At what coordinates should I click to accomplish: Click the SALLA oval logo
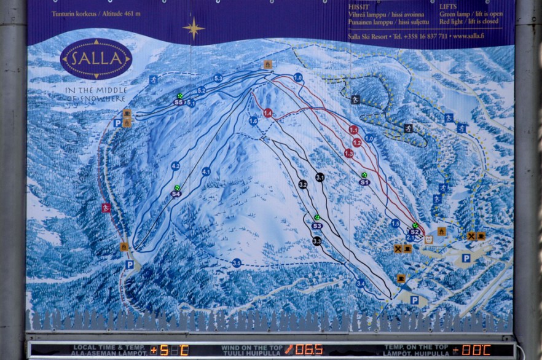pyautogui.click(x=96, y=59)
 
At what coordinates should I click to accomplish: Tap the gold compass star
pyautogui.click(x=194, y=28)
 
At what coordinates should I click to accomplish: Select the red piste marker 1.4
pyautogui.click(x=268, y=113)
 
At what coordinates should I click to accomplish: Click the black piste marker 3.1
pyautogui.click(x=320, y=177)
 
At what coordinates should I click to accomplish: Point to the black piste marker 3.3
pyautogui.click(x=316, y=241)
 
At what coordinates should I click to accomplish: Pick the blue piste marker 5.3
pyautogui.click(x=218, y=78)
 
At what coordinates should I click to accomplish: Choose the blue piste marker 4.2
pyautogui.click(x=176, y=166)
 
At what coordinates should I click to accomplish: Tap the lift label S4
pyautogui.click(x=176, y=194)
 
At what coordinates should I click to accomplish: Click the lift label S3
pyautogui.click(x=317, y=226)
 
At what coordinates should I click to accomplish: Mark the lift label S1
pyautogui.click(x=364, y=182)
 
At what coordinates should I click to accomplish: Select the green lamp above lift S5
pyautogui.click(x=180, y=96)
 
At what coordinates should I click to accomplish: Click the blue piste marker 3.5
pyautogui.click(x=237, y=263)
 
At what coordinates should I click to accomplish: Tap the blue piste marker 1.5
pyautogui.click(x=395, y=224)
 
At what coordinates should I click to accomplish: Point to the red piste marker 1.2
pyautogui.click(x=357, y=143)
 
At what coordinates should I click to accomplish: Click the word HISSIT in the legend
pyautogui.click(x=358, y=7)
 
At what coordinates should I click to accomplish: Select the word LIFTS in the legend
pyautogui.click(x=449, y=7)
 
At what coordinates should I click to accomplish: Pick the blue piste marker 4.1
pyautogui.click(x=206, y=172)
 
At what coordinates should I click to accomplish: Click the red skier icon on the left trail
pyautogui.click(x=106, y=208)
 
